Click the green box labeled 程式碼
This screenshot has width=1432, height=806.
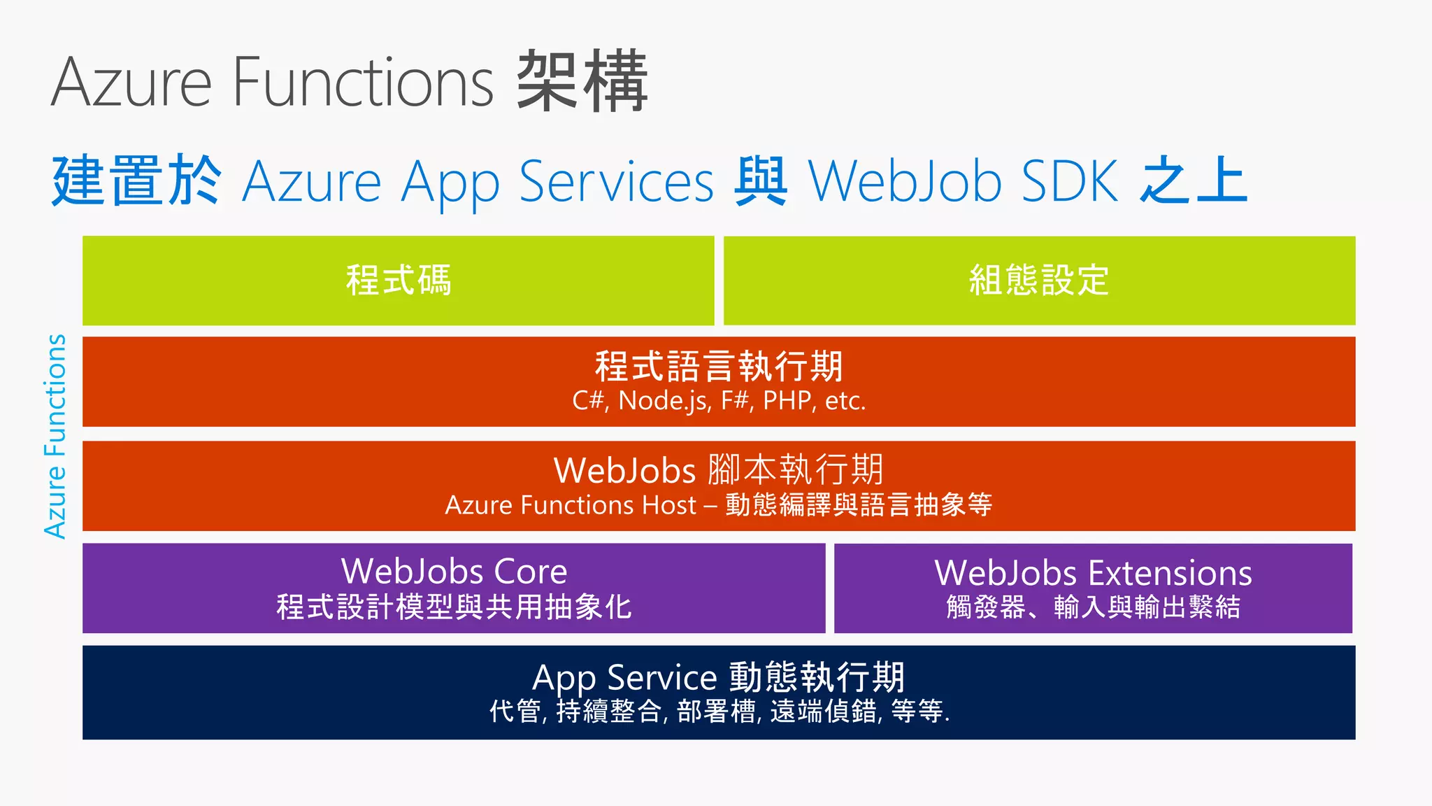(x=399, y=281)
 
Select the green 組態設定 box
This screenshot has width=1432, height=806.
(x=1039, y=281)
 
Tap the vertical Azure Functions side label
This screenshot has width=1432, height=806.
(x=55, y=436)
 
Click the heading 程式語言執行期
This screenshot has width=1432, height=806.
(x=719, y=366)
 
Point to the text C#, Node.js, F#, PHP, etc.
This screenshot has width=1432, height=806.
(x=719, y=401)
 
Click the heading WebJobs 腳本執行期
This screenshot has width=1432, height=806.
(x=719, y=469)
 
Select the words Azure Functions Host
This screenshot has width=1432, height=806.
(x=571, y=505)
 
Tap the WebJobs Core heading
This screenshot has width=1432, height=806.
(x=454, y=572)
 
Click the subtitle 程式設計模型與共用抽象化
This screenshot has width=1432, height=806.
(x=454, y=607)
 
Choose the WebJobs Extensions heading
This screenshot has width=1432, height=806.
(x=1093, y=573)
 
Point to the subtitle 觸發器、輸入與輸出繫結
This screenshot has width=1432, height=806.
(x=1093, y=607)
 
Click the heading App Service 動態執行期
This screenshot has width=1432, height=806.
(x=719, y=677)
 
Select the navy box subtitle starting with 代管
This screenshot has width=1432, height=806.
(x=719, y=712)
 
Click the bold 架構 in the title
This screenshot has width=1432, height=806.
(x=582, y=81)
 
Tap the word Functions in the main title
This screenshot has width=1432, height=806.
(x=363, y=82)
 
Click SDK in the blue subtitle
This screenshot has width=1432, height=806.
(x=1070, y=181)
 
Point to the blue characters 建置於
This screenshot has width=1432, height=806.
(x=137, y=181)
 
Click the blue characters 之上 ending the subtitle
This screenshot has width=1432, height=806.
(x=1194, y=181)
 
